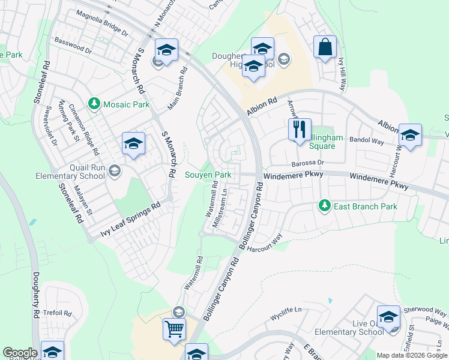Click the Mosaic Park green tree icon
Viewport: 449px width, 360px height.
(x=94, y=104)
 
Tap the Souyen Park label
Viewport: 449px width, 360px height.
(x=208, y=175)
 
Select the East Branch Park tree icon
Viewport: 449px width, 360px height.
(x=325, y=206)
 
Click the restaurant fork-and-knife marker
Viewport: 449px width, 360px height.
(x=299, y=130)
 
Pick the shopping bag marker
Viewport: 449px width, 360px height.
(x=325, y=47)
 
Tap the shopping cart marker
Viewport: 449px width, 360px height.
(x=174, y=329)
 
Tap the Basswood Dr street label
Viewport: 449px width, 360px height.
(x=73, y=47)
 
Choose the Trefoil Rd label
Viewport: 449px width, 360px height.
(x=58, y=313)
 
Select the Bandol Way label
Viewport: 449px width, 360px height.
(x=366, y=141)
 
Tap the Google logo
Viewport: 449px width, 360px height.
(x=20, y=353)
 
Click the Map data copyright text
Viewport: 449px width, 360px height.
(x=412, y=355)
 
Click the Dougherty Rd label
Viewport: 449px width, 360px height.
(x=36, y=295)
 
